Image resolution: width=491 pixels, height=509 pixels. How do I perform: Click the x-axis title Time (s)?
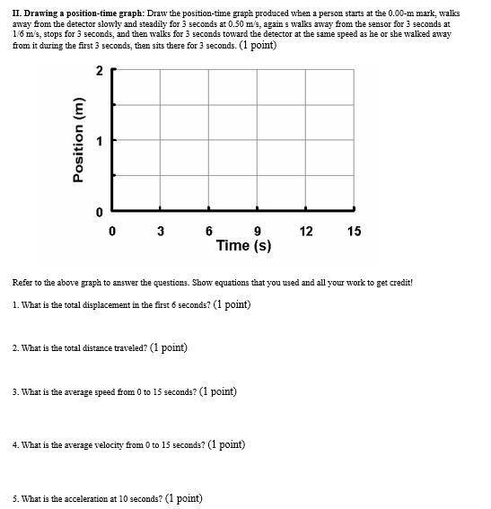pyautogui.click(x=243, y=245)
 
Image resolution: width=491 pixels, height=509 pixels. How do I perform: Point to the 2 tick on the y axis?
pyautogui.click(x=99, y=71)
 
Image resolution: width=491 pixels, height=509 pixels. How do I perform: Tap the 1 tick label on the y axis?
pyautogui.click(x=99, y=141)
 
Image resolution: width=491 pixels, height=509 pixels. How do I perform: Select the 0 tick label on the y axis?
pyautogui.click(x=99, y=211)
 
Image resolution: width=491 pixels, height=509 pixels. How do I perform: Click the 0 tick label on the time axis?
pyautogui.click(x=112, y=231)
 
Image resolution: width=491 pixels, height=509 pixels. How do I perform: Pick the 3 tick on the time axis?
pyautogui.click(x=161, y=231)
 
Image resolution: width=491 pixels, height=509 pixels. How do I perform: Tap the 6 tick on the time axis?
pyautogui.click(x=209, y=231)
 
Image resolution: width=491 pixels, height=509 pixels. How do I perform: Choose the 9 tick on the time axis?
pyautogui.click(x=258, y=231)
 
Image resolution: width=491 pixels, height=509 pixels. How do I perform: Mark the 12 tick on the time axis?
pyautogui.click(x=306, y=231)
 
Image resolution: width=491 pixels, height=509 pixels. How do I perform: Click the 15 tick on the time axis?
pyautogui.click(x=355, y=231)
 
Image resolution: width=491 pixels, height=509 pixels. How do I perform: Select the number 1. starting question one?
pyautogui.click(x=16, y=305)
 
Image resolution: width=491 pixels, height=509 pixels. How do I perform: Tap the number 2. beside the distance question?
pyautogui.click(x=16, y=348)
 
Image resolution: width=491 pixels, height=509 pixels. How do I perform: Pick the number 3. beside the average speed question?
pyautogui.click(x=16, y=392)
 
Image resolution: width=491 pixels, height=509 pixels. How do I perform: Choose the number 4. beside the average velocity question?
pyautogui.click(x=16, y=445)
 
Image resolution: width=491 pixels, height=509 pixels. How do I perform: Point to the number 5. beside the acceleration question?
pyautogui.click(x=16, y=499)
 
